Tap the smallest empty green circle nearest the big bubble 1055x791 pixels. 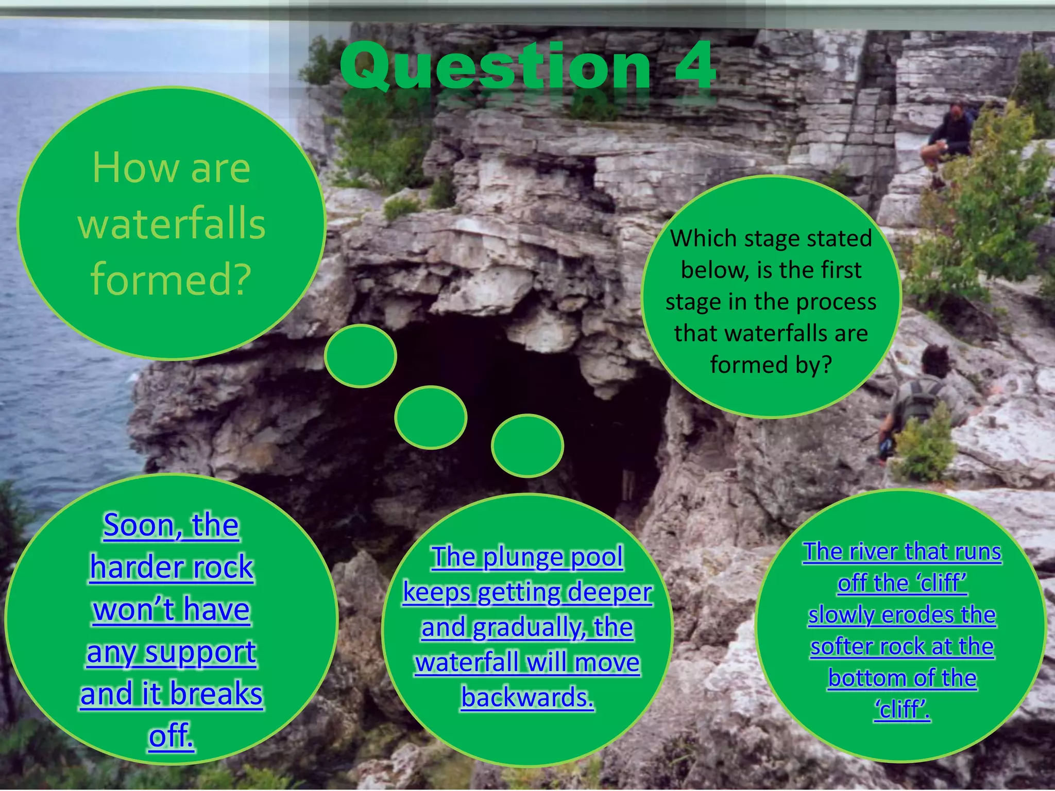[361, 356]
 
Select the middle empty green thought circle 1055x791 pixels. [431, 417]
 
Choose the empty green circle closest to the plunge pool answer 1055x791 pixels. [527, 446]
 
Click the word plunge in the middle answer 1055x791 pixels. [523, 557]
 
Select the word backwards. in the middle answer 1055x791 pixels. [527, 697]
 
